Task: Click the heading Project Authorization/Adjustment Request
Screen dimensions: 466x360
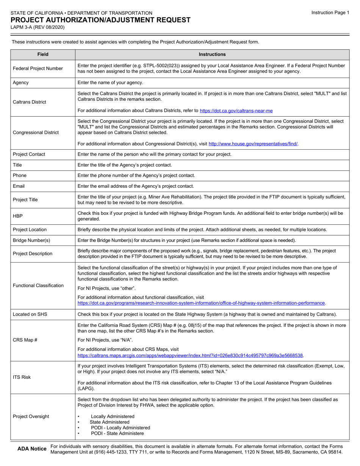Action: (100, 20)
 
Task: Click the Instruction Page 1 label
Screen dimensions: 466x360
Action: (330, 13)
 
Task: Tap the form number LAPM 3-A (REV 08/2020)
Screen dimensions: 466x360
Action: (38, 27)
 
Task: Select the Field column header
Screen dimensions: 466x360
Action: (43, 54)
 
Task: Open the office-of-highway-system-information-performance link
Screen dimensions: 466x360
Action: (201, 303)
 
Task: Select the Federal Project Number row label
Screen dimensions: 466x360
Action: (38, 69)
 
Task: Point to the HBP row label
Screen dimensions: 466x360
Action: (18, 216)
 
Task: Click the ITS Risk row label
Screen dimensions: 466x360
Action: (22, 377)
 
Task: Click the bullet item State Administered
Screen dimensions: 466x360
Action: (110, 422)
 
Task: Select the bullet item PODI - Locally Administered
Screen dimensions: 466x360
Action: (121, 428)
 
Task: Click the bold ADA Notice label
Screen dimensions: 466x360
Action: (32, 449)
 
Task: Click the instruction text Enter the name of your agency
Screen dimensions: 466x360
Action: (110, 83)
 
